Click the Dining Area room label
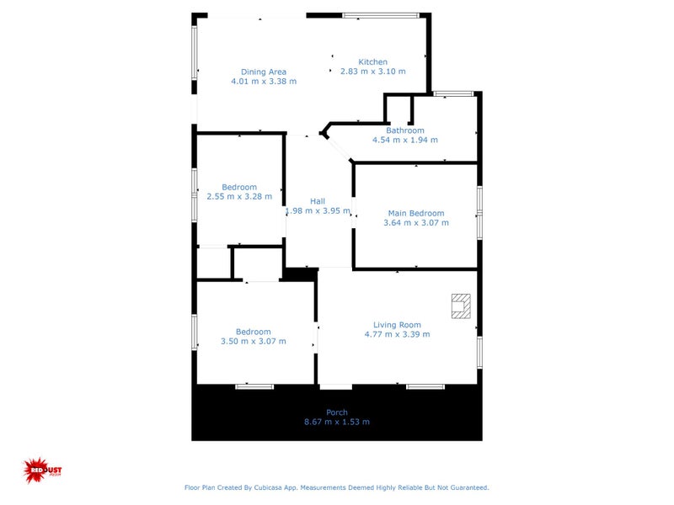pyautogui.click(x=264, y=72)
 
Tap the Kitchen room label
pyautogui.click(x=372, y=62)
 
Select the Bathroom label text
pyautogui.click(x=405, y=130)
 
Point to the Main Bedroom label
pyautogui.click(x=415, y=213)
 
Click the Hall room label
pyautogui.click(x=318, y=201)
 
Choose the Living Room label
pyautogui.click(x=397, y=325)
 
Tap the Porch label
pyautogui.click(x=337, y=412)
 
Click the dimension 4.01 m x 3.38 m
pyautogui.click(x=264, y=82)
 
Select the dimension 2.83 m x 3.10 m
pyautogui.click(x=372, y=72)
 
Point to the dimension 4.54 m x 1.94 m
pyautogui.click(x=405, y=140)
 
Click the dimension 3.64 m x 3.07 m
pyautogui.click(x=415, y=223)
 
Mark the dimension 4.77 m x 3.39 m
pyautogui.click(x=397, y=334)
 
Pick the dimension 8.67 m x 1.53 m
pyautogui.click(x=337, y=422)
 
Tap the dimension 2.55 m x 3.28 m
pyautogui.click(x=239, y=197)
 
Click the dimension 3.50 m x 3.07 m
pyautogui.click(x=253, y=341)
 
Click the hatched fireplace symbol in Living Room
pyautogui.click(x=460, y=306)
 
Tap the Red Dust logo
pyautogui.click(x=38, y=470)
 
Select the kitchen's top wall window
pyautogui.click(x=380, y=14)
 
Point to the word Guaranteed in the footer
pyautogui.click(x=468, y=487)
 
